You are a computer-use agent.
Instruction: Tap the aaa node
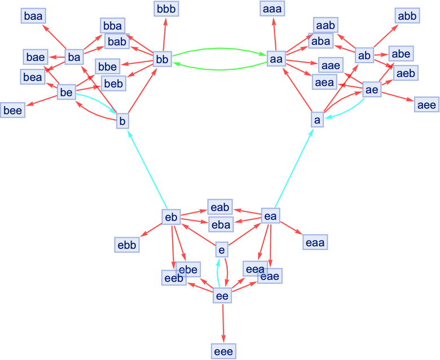coord(274,10)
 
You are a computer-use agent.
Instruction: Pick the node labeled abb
coord(407,16)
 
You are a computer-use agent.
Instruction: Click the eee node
coord(223,351)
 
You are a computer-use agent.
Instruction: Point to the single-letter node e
coord(222,248)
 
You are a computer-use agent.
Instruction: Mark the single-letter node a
coord(318,120)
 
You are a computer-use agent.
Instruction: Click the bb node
coord(162,59)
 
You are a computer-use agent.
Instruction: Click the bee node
coord(12,110)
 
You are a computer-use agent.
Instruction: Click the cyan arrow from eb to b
coord(147,170)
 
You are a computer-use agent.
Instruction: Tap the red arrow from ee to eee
coord(223,322)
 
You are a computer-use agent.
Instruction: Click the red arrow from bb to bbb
coord(164,34)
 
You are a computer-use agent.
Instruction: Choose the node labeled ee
coord(223,295)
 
